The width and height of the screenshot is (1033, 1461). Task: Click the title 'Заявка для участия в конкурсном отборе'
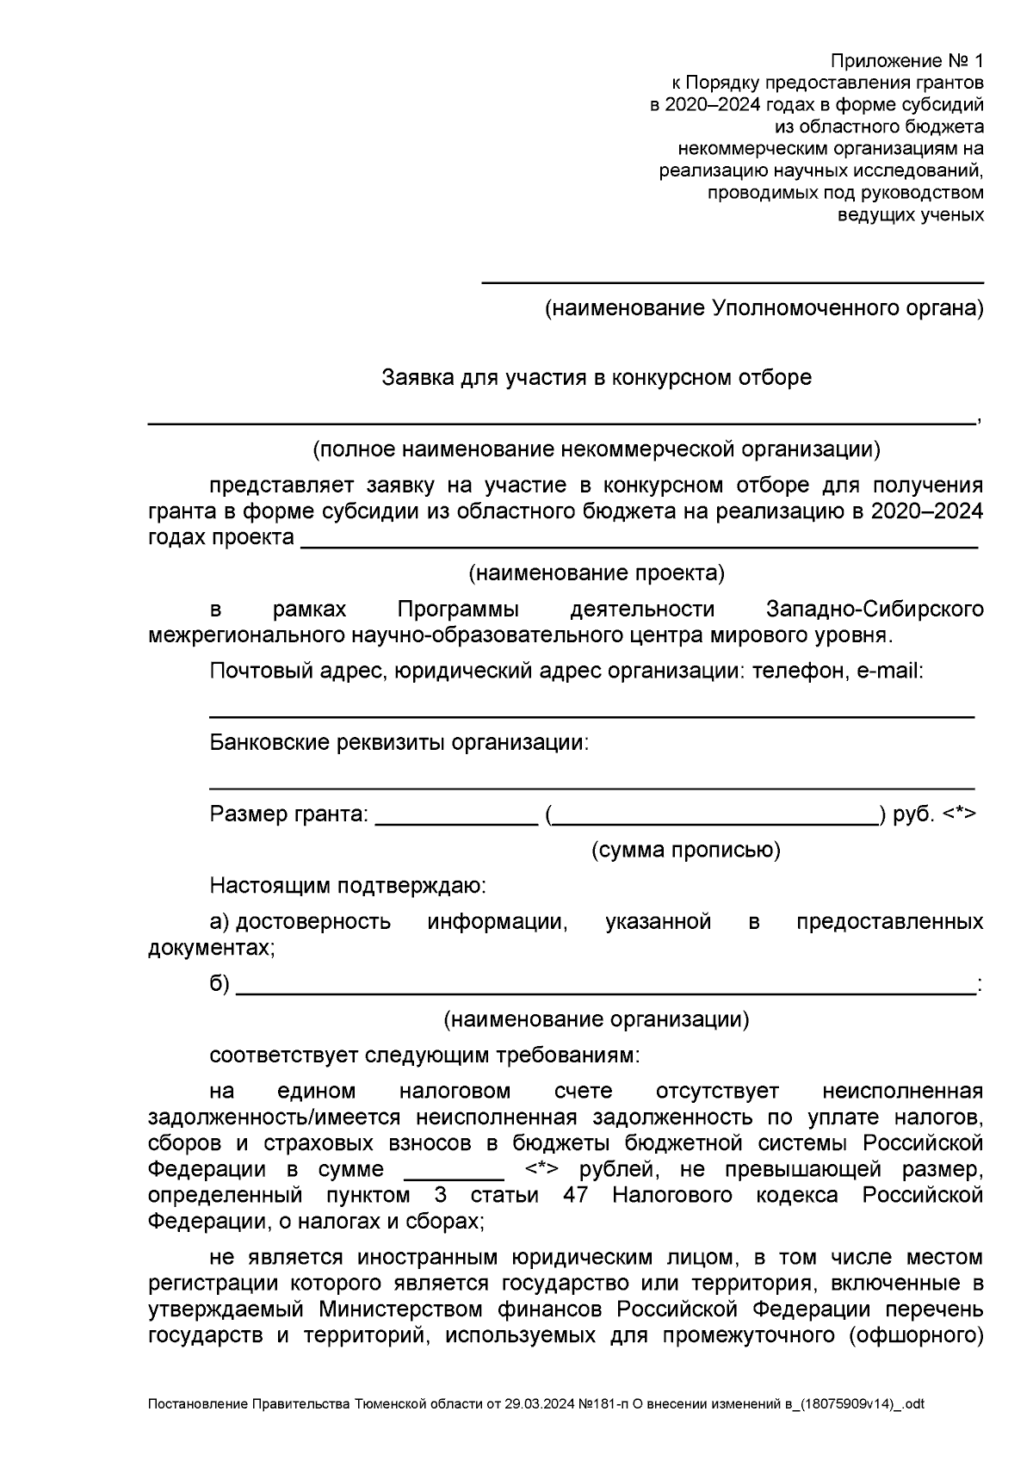pyautogui.click(x=597, y=378)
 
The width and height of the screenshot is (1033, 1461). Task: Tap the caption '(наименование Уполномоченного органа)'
pyautogui.click(x=764, y=308)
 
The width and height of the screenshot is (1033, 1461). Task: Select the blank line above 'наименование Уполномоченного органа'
pyautogui.click(x=732, y=282)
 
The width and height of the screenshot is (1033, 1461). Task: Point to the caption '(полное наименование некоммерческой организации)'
pyautogui.click(x=597, y=449)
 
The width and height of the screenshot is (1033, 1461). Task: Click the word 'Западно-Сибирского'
pyautogui.click(x=875, y=610)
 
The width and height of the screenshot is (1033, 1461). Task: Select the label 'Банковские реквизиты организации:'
pyautogui.click(x=399, y=743)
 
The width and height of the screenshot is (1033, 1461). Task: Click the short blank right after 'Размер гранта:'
pyautogui.click(x=457, y=823)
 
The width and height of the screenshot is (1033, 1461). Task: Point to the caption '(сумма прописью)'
pyautogui.click(x=685, y=851)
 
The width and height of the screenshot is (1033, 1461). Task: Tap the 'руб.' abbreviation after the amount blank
pyautogui.click(x=913, y=814)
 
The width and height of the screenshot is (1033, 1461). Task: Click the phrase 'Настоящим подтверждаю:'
pyautogui.click(x=348, y=886)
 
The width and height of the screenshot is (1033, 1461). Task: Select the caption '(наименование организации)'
pyautogui.click(x=597, y=1020)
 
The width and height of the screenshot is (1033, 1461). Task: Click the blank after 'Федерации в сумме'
pyautogui.click(x=454, y=1178)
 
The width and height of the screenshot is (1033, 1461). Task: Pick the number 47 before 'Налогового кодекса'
pyautogui.click(x=575, y=1196)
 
